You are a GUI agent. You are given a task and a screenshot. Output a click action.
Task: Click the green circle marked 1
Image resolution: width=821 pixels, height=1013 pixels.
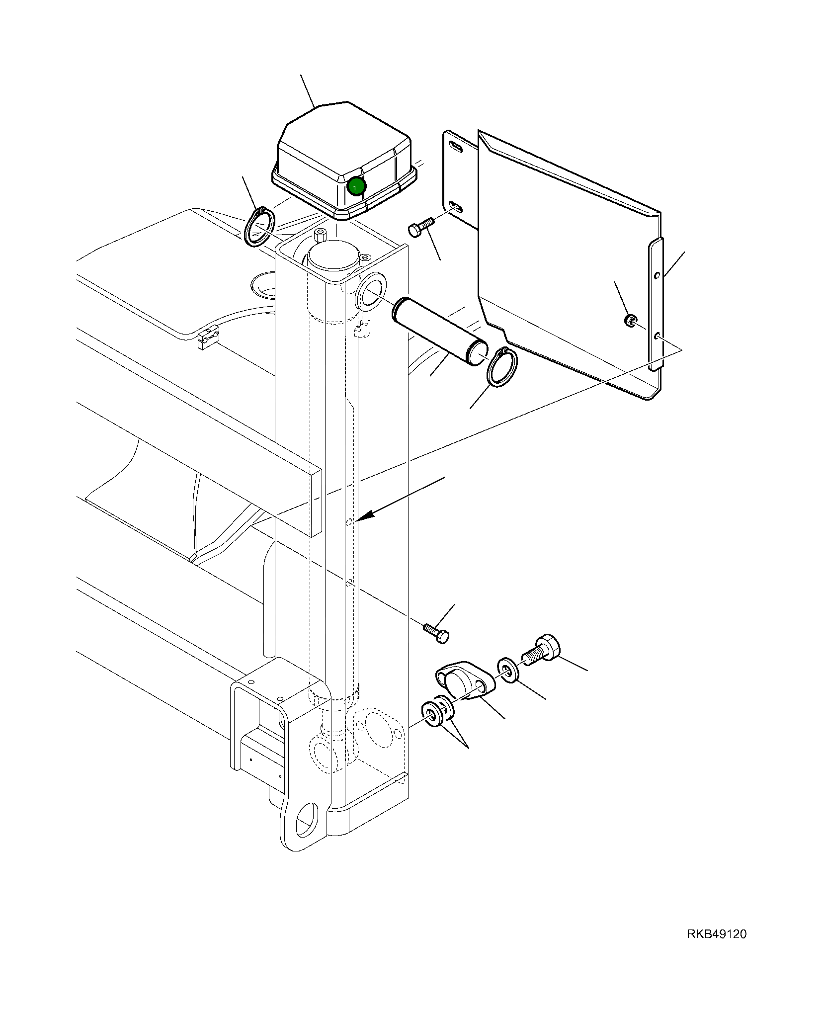point(356,186)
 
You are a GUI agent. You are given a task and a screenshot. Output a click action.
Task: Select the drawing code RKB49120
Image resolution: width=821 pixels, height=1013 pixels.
point(716,934)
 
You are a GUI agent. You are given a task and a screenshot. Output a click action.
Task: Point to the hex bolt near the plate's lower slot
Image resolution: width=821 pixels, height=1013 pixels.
point(420,226)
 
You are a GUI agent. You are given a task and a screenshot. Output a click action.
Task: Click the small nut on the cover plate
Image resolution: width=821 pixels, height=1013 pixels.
point(630,320)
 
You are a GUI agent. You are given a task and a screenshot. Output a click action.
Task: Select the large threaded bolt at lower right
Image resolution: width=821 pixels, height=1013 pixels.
point(542,650)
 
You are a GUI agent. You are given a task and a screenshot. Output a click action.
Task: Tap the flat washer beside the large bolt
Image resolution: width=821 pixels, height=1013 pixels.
point(508,671)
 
